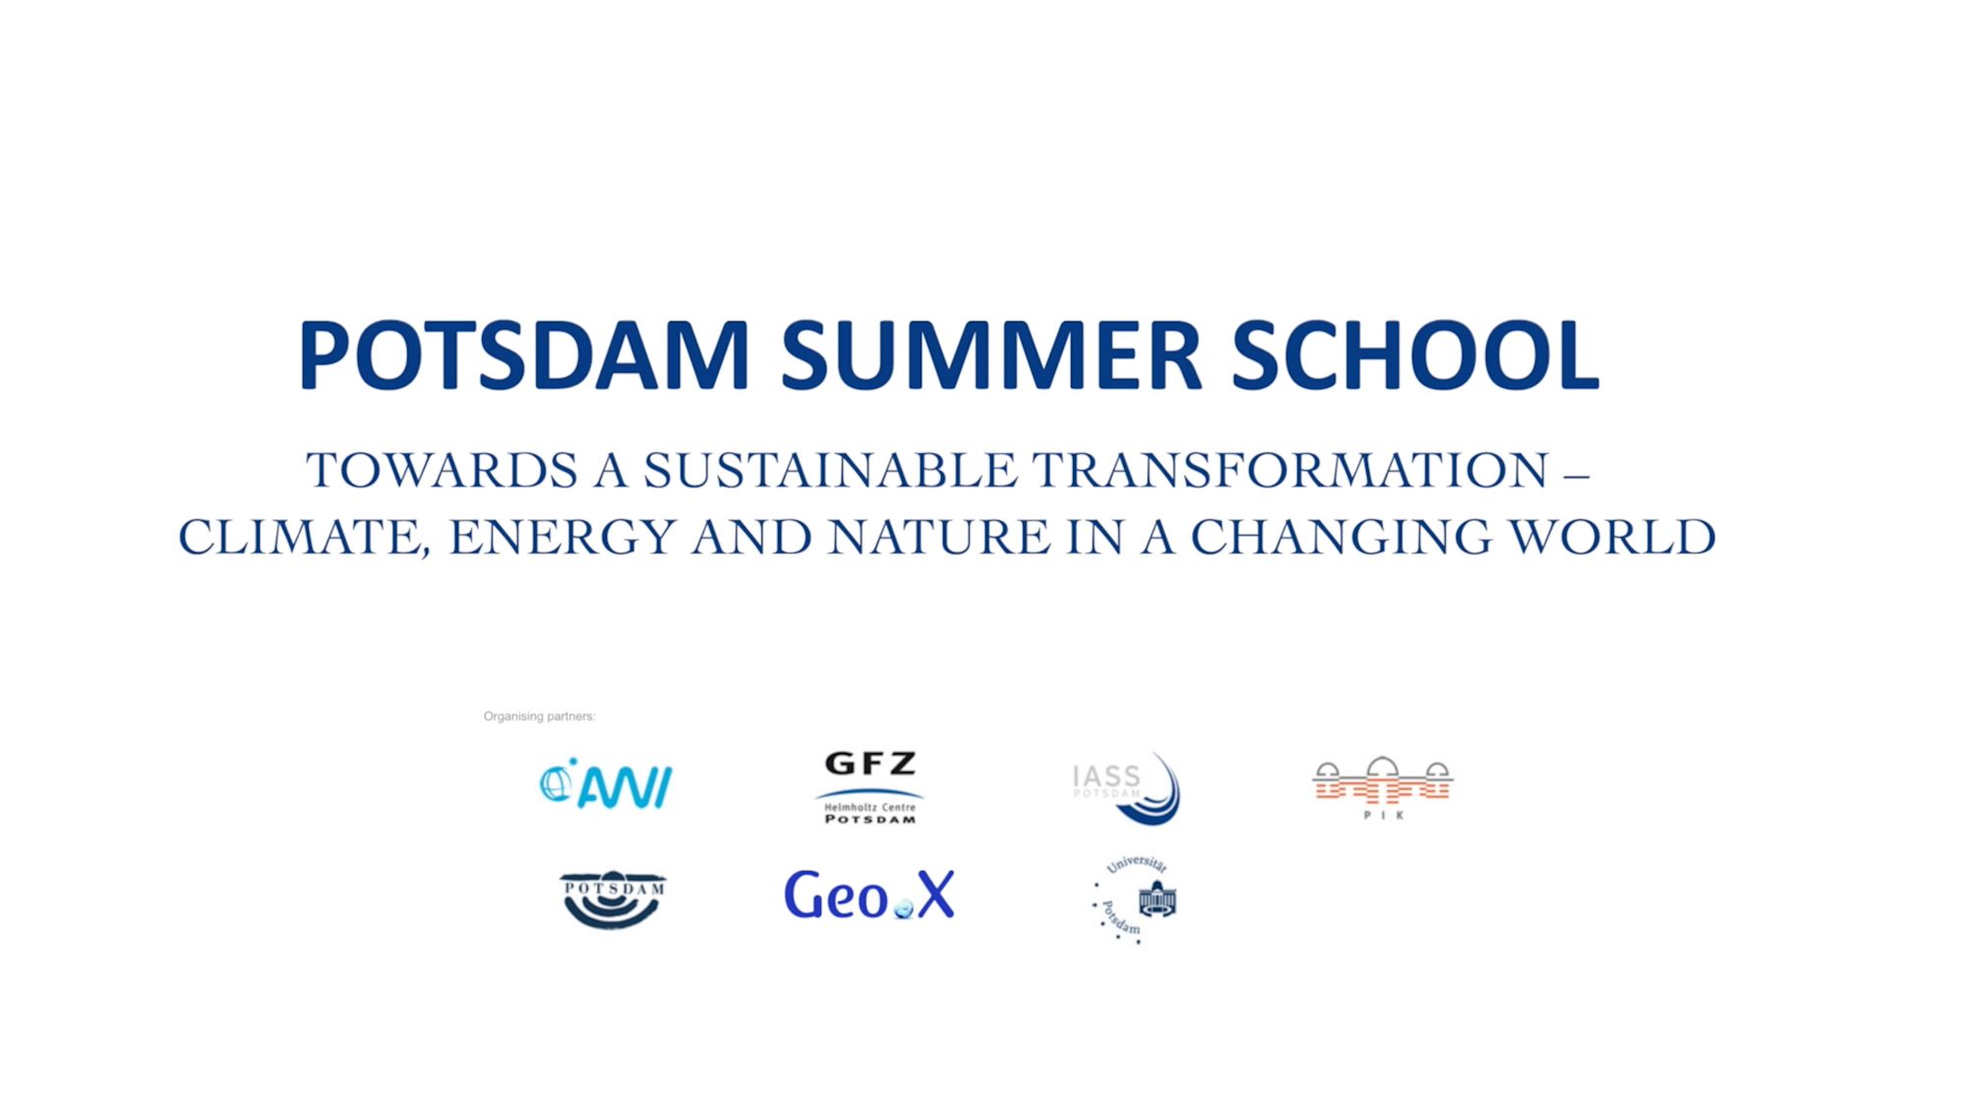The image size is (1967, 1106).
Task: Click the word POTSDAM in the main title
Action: click(x=524, y=355)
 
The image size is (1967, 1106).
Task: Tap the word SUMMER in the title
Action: click(x=991, y=355)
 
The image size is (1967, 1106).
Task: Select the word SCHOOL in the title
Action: click(x=1415, y=355)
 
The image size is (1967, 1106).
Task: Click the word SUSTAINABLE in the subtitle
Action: click(x=830, y=470)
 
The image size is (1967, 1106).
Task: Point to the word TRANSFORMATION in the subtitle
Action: click(x=1290, y=470)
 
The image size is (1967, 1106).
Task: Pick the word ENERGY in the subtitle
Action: click(x=563, y=538)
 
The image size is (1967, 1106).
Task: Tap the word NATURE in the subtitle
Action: click(x=939, y=538)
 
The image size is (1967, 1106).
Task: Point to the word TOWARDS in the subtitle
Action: click(x=442, y=470)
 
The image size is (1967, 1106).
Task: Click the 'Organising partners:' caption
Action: click(x=539, y=716)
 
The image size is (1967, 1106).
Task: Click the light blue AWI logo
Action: click(x=606, y=784)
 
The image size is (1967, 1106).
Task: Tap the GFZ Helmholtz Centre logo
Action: click(x=869, y=787)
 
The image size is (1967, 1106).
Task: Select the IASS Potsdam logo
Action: click(x=1126, y=788)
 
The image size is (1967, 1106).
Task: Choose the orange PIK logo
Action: click(x=1383, y=787)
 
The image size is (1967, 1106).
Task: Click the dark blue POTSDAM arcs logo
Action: click(x=613, y=900)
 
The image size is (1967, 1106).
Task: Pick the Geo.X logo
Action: click(x=869, y=895)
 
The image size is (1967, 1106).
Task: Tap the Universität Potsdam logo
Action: click(x=1135, y=900)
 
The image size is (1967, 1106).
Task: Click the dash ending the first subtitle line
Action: click(x=1577, y=476)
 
